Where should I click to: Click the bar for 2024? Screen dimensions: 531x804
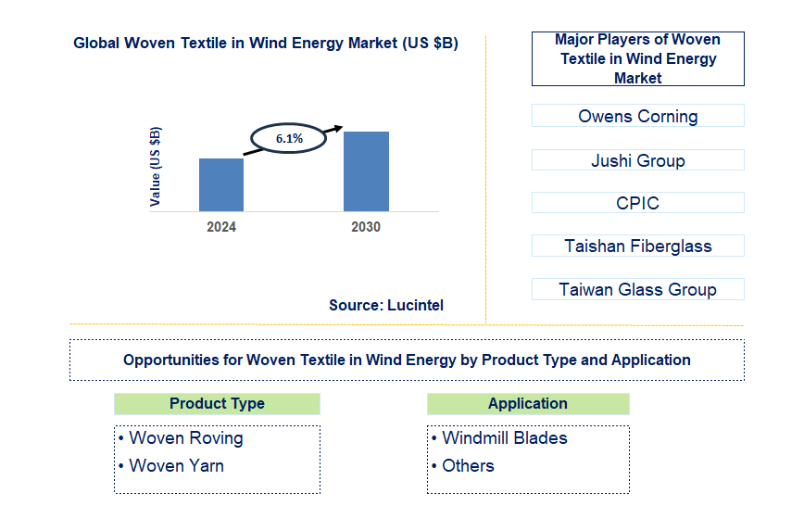221,184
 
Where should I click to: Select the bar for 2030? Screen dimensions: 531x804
366,171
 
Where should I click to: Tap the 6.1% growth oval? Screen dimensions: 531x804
289,138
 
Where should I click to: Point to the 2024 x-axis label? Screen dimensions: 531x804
221,227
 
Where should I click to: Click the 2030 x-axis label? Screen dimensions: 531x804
365,227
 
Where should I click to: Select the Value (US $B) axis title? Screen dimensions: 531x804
156,168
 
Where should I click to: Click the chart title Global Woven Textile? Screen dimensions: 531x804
266,43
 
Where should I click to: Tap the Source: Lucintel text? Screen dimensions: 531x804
386,305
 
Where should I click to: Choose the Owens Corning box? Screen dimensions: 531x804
637,116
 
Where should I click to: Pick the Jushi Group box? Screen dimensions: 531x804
637,160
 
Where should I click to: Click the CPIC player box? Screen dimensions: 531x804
637,203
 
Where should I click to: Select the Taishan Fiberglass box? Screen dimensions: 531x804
637,246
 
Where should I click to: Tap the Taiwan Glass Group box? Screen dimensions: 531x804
637,289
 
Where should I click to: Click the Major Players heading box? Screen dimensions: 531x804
637,58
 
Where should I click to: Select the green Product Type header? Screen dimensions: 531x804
217,404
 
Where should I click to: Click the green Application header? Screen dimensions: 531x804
528,404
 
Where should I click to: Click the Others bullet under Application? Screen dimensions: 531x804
468,466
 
